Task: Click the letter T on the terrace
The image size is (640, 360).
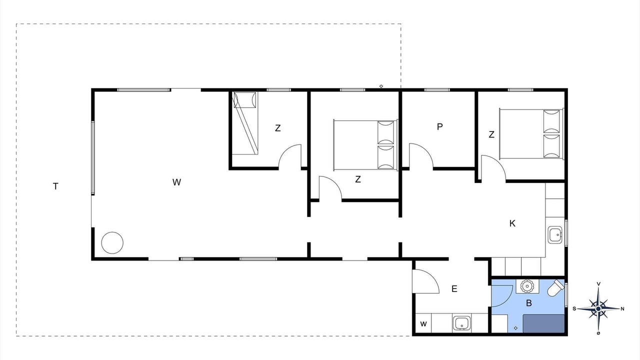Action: [55, 186]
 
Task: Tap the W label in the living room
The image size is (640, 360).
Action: [176, 182]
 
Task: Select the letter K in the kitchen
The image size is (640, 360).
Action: [512, 223]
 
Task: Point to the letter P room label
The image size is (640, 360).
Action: [439, 126]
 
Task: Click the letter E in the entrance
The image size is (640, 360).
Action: [454, 289]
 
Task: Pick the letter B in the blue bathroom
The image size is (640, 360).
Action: [529, 303]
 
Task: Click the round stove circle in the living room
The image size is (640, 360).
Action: [112, 243]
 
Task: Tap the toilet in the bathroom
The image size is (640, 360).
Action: [556, 288]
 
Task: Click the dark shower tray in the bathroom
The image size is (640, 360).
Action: [543, 323]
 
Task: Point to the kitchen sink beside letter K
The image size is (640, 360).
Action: [555, 235]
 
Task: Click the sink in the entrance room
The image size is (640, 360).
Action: [461, 323]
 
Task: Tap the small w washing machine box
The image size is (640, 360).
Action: [423, 323]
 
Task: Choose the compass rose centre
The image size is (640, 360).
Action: [598, 309]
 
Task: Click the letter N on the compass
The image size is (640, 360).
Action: [622, 309]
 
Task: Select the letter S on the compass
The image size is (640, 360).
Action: [574, 309]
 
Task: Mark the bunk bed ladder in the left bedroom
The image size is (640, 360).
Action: [245, 123]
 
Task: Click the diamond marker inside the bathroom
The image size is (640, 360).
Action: [515, 328]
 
